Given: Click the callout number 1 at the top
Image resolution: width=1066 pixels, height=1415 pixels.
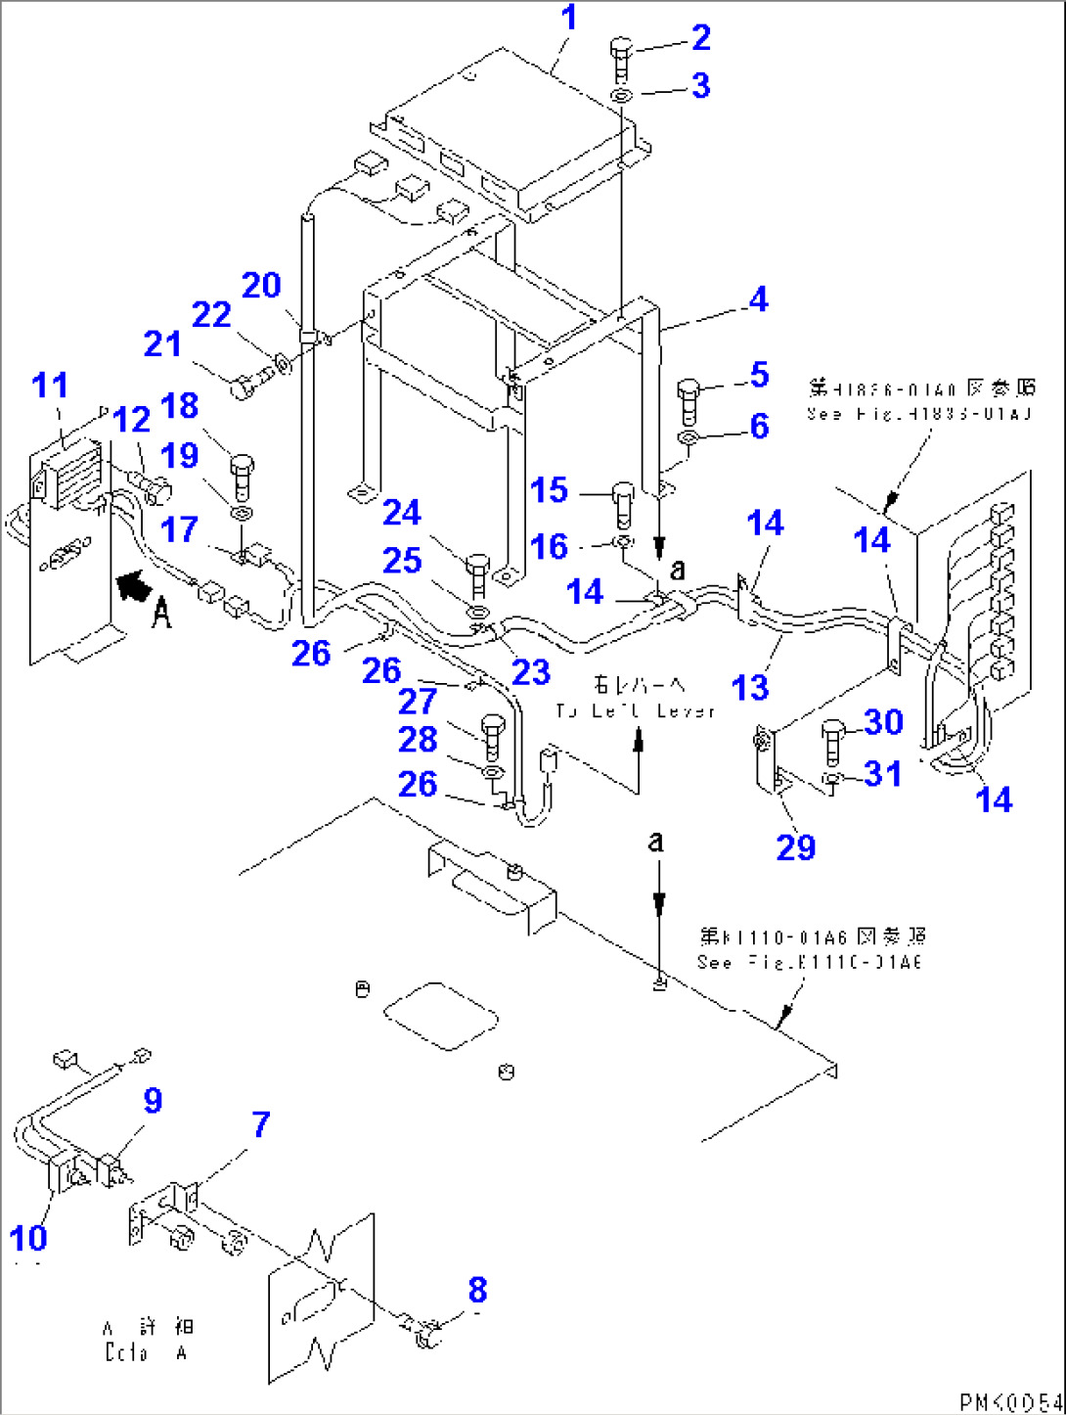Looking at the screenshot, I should tap(568, 19).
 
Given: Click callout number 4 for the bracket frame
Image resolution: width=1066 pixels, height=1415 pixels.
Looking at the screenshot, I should tap(758, 299).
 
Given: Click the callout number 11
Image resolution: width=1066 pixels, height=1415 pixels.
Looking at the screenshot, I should tap(50, 386).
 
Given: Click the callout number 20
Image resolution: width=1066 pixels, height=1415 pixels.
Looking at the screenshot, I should tap(261, 286).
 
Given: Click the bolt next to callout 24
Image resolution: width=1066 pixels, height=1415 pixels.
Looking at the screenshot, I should tap(477, 573).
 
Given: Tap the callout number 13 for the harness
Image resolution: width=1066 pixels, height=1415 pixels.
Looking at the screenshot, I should tap(750, 688).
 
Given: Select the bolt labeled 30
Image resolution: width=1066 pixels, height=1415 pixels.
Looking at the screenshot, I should tap(833, 740).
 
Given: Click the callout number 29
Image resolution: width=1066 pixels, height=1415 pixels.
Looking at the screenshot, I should tap(795, 847).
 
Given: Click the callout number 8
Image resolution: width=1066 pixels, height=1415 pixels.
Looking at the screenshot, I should tap(477, 1290).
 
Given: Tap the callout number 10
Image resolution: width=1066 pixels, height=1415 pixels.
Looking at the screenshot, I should tap(28, 1238).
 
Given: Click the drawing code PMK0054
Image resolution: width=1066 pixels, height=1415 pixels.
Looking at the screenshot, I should tap(1009, 1401).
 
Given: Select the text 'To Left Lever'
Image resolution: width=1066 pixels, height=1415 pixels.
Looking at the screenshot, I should tap(636, 711).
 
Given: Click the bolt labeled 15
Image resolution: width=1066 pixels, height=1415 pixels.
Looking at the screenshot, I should tap(623, 503).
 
